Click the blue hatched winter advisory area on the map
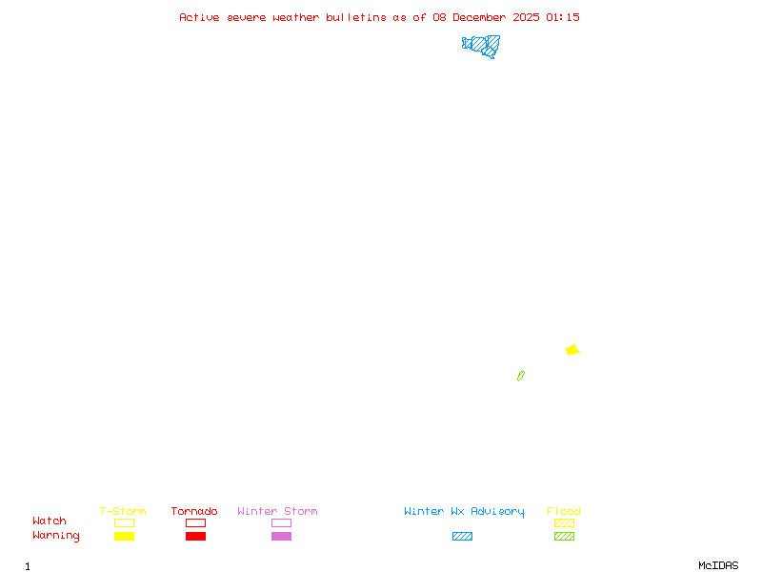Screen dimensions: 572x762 (482, 45)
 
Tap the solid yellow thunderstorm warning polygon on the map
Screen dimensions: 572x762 (572, 350)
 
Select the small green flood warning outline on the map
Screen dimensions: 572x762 (521, 376)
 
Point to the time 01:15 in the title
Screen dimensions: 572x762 (562, 17)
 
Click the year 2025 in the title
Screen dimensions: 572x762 (527, 17)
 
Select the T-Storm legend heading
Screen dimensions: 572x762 (123, 511)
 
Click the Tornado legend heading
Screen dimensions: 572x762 (194, 511)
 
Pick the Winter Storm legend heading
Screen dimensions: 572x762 (277, 511)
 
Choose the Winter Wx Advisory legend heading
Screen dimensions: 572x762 (464, 511)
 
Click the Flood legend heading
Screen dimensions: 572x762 (564, 511)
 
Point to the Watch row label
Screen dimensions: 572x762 (50, 521)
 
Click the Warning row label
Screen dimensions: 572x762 (56, 536)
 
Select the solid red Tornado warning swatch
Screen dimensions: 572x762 (195, 536)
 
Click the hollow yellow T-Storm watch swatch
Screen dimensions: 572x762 (124, 522)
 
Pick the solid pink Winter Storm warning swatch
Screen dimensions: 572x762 (281, 536)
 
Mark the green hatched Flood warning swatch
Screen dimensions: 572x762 (564, 536)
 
